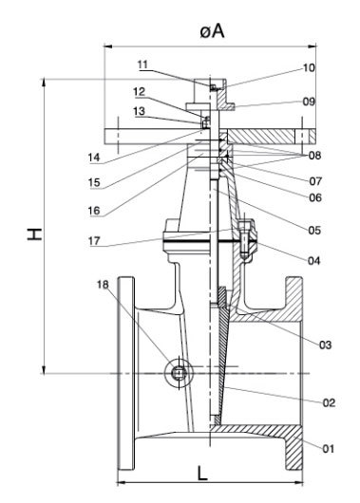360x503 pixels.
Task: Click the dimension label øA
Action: click(211, 31)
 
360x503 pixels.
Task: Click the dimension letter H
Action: click(35, 232)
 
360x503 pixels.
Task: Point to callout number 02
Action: click(329, 403)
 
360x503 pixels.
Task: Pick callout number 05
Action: click(313, 229)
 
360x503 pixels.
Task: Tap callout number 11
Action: click(143, 65)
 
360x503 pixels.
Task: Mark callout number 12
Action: click(139, 92)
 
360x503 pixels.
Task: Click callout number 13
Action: click(139, 111)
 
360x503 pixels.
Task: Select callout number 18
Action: click(103, 285)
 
